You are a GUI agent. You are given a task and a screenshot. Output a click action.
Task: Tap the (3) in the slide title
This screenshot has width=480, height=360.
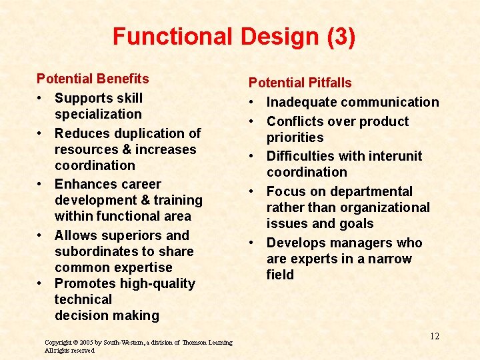click(x=341, y=36)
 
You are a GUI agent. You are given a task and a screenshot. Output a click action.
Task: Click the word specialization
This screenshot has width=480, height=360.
click(x=98, y=114)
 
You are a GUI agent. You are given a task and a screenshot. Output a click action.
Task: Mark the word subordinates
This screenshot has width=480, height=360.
click(x=98, y=251)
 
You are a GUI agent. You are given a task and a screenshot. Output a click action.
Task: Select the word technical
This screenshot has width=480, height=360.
click(x=83, y=299)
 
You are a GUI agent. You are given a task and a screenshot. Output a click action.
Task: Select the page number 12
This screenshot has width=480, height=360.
click(x=434, y=336)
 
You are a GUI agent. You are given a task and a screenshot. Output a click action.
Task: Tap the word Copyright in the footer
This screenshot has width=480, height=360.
click(x=58, y=343)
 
